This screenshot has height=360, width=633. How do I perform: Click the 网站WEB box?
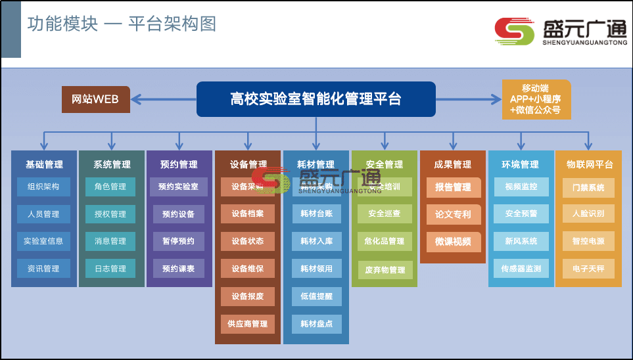pyautogui.click(x=95, y=99)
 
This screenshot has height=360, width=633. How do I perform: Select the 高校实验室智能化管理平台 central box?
pyautogui.click(x=316, y=99)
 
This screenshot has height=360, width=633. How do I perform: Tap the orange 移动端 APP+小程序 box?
pyautogui.click(x=536, y=99)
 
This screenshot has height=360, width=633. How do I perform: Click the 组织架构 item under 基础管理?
pyautogui.click(x=43, y=187)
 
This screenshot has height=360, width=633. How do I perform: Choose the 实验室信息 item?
pyautogui.click(x=43, y=241)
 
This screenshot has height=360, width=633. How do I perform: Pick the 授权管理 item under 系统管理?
pyautogui.click(x=110, y=214)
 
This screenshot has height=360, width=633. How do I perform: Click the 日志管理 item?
pyautogui.click(x=110, y=269)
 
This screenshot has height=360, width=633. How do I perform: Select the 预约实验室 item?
pyautogui.click(x=179, y=187)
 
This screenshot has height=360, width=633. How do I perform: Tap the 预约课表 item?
pyautogui.click(x=179, y=269)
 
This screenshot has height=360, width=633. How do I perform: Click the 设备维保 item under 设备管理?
pyautogui.click(x=248, y=269)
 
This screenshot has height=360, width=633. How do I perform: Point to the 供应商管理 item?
pyautogui.click(x=248, y=324)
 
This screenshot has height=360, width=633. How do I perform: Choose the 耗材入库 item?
pyautogui.click(x=316, y=241)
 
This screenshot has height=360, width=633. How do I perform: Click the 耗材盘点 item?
pyautogui.click(x=316, y=324)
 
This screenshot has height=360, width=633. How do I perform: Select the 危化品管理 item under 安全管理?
pyautogui.click(x=385, y=241)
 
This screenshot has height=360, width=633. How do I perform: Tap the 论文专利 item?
pyautogui.click(x=453, y=214)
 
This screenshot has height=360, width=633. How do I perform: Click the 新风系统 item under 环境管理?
pyautogui.click(x=521, y=241)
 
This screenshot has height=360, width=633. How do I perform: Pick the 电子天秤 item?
pyautogui.click(x=588, y=269)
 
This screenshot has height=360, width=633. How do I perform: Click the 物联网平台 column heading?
pyautogui.click(x=589, y=164)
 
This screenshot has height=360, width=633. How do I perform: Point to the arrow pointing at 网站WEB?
pyautogui.click(x=141, y=99)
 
